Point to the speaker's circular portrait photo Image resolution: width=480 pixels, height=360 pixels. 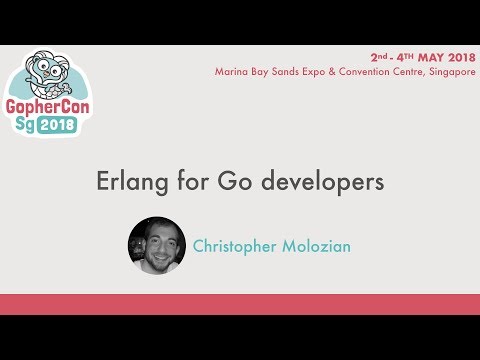157,245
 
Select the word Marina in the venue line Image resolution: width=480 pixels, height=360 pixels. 232,71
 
